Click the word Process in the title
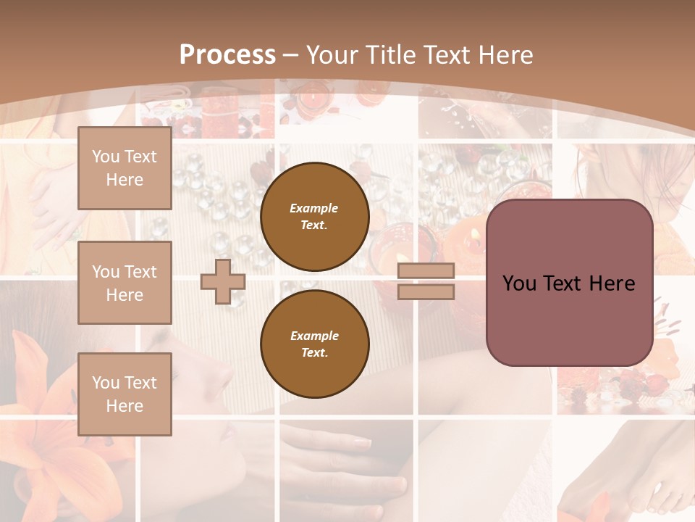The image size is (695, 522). click(x=227, y=55)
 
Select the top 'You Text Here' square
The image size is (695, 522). click(x=125, y=168)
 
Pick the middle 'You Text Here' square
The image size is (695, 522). click(x=125, y=283)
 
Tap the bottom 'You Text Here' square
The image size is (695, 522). click(x=125, y=394)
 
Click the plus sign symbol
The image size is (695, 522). click(x=223, y=281)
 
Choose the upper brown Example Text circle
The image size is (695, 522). click(x=314, y=216)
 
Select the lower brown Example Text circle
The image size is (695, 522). click(x=314, y=344)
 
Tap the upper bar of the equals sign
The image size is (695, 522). click(x=426, y=270)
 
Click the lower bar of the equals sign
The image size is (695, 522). click(x=426, y=291)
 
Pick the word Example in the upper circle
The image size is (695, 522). click(x=313, y=208)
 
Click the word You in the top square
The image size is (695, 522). click(x=106, y=157)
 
